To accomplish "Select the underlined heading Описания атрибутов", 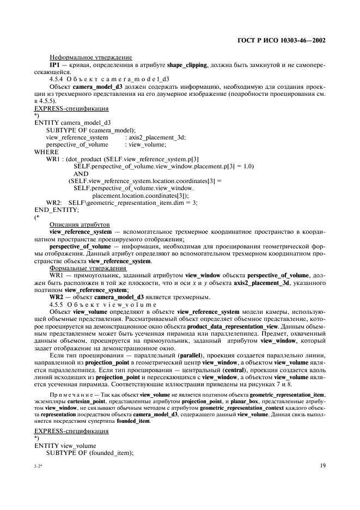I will point(79,224).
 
